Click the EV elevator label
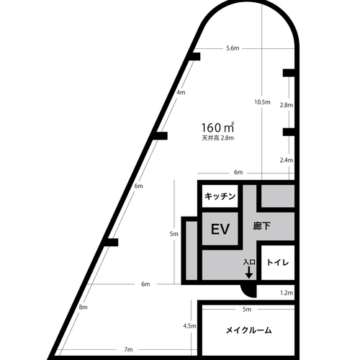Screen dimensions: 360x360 220,229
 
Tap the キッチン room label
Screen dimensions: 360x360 220,197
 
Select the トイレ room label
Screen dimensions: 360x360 278,262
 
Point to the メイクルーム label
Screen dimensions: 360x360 248,330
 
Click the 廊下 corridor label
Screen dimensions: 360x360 261,226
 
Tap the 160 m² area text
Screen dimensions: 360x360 217,127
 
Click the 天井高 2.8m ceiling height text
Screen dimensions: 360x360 217,138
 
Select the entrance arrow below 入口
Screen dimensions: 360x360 249,272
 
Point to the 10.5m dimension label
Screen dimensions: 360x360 262,102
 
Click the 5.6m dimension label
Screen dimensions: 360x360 233,48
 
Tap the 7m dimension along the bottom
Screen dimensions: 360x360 128,349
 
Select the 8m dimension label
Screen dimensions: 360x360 83,307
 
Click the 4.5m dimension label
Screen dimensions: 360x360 189,326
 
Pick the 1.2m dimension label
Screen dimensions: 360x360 287,293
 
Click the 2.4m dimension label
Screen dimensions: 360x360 287,160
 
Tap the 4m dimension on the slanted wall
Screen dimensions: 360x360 181,92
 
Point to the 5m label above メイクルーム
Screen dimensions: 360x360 247,310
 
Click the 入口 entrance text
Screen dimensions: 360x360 249,262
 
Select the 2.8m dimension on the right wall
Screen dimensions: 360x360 287,105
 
